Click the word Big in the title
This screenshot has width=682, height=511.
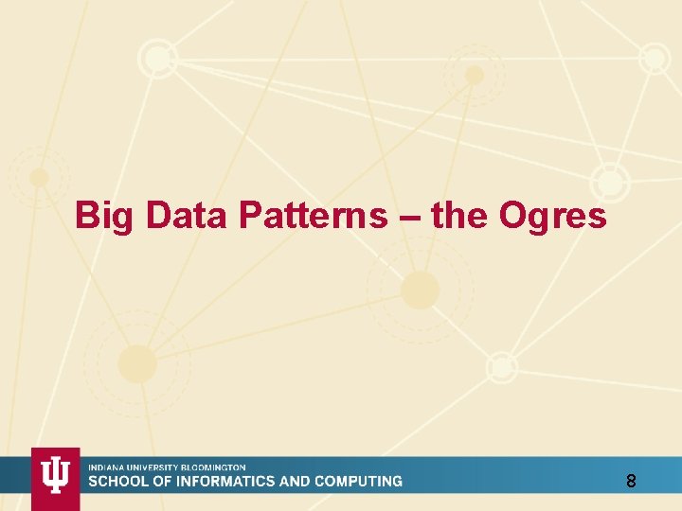[106, 217]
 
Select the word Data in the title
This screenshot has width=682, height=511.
[187, 216]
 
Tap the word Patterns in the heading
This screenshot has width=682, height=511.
[313, 216]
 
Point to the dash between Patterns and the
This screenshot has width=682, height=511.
[408, 218]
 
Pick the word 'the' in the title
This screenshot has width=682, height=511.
[458, 216]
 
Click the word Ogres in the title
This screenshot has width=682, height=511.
[552, 217]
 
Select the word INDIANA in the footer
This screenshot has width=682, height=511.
[105, 467]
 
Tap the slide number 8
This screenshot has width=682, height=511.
[631, 482]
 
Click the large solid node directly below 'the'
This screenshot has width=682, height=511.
[420, 290]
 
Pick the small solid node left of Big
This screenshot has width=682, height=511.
[39, 177]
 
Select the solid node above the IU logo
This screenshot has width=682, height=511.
[137, 363]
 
